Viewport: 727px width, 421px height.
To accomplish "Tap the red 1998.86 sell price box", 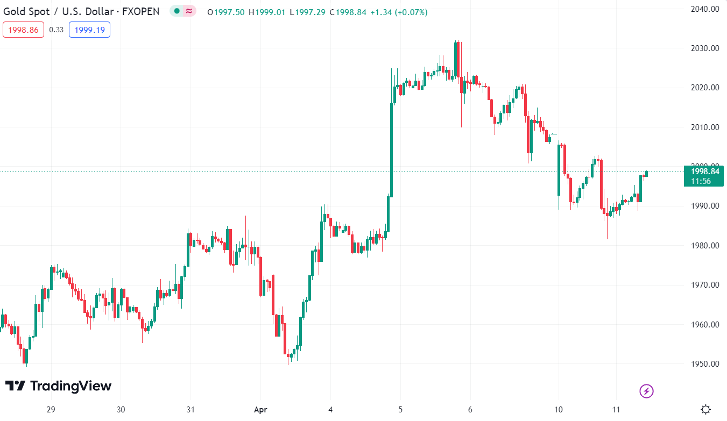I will pyautogui.click(x=23, y=30).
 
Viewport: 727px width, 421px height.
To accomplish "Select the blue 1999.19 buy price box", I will pyautogui.click(x=89, y=30).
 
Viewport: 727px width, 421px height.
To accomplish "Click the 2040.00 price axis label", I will pyautogui.click(x=704, y=9).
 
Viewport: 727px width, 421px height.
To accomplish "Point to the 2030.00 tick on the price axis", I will pyautogui.click(x=704, y=48).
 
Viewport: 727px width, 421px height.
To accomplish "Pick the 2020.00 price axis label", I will pyautogui.click(x=704, y=88).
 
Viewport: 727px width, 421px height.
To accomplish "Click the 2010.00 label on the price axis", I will pyautogui.click(x=704, y=127).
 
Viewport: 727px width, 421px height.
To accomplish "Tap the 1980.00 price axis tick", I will pyautogui.click(x=704, y=246).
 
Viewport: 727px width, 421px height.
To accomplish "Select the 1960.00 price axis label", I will pyautogui.click(x=704, y=325).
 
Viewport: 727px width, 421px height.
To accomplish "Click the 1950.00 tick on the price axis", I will pyautogui.click(x=704, y=364).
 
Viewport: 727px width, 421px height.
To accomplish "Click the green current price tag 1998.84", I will pyautogui.click(x=704, y=176).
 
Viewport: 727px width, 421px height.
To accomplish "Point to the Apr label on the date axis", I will pyautogui.click(x=260, y=409).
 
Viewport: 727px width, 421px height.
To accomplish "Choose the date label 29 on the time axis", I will pyautogui.click(x=51, y=409).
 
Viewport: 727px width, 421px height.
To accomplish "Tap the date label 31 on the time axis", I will pyautogui.click(x=190, y=409).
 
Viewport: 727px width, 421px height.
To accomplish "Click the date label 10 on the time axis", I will pyautogui.click(x=559, y=409).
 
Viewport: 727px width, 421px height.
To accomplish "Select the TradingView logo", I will pyautogui.click(x=58, y=386).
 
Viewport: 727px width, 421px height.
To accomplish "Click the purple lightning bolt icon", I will pyautogui.click(x=646, y=391).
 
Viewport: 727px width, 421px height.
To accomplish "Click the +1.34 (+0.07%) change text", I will pyautogui.click(x=399, y=12).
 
